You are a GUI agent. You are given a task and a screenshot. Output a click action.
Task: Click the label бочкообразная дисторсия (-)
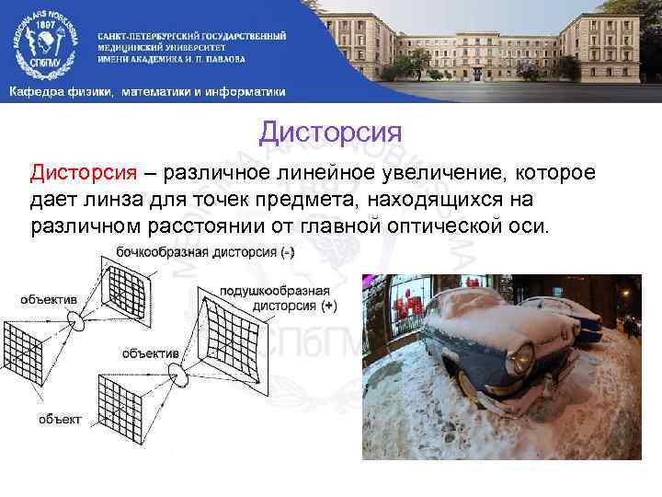click(204, 252)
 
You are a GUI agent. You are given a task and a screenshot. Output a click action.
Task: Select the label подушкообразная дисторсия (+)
click(276, 297)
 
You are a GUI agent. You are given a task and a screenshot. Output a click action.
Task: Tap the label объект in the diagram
click(59, 420)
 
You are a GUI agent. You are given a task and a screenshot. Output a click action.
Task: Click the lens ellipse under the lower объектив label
click(186, 376)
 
